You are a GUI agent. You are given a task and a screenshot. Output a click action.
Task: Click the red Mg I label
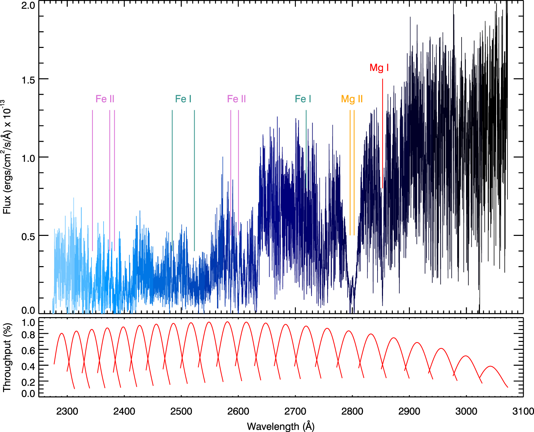coord(379,68)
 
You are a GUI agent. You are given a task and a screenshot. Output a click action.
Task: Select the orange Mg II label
coord(352,99)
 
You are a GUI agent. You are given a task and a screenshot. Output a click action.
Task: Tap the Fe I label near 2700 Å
coord(303,99)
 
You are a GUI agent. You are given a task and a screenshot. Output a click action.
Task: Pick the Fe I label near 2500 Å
coord(183,99)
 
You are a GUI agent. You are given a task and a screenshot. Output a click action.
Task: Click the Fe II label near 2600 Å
coord(236,99)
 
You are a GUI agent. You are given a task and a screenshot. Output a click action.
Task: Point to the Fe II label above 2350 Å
coord(105,99)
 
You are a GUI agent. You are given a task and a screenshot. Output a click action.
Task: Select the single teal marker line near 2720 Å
coord(306,143)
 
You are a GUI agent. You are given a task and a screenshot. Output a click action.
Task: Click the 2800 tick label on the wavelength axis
coord(352,411)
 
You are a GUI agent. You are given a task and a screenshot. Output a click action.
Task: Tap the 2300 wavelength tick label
coord(67,411)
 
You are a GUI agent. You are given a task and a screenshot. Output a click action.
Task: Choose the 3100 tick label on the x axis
coord(523,411)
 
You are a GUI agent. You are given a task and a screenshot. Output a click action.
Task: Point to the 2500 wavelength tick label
coord(181,411)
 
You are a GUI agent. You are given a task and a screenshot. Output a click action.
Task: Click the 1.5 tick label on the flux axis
coord(28,80)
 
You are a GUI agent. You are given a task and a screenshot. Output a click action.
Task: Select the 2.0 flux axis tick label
coord(28,5)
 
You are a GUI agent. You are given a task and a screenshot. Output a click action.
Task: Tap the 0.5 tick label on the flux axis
coord(28,236)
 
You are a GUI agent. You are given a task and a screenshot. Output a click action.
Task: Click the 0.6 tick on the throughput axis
coord(28,350)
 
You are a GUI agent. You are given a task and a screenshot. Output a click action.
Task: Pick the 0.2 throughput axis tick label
coord(28,382)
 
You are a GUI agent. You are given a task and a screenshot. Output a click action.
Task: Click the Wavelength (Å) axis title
coord(281,426)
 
